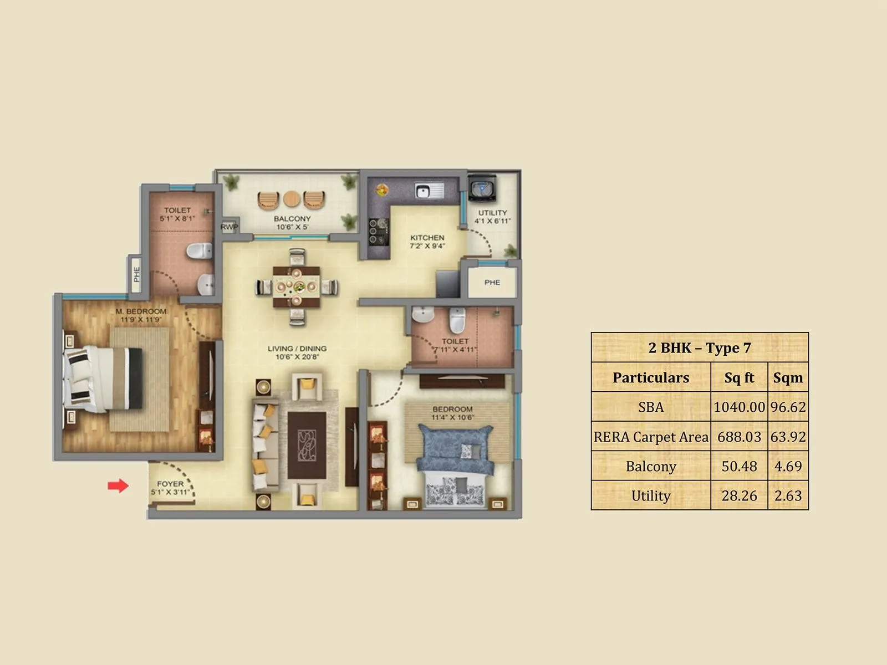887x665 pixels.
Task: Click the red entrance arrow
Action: click(x=118, y=486)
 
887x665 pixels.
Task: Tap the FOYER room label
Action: click(x=170, y=488)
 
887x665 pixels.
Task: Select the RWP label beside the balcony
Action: click(x=229, y=227)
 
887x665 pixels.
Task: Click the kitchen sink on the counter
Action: click(x=429, y=191)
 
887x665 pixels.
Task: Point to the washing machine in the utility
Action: click(x=482, y=188)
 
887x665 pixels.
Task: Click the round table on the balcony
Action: click(x=292, y=199)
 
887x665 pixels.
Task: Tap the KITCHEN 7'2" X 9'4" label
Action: click(x=427, y=242)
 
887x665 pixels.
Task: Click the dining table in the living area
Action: click(x=297, y=287)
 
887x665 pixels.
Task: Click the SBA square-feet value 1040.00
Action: click(x=739, y=407)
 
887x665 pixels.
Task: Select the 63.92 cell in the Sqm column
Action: click(x=788, y=437)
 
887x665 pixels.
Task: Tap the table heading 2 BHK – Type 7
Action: click(x=700, y=348)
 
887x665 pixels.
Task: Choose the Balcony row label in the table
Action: click(x=651, y=467)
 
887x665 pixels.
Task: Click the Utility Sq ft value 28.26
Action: click(x=739, y=496)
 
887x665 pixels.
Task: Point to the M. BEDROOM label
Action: click(x=141, y=315)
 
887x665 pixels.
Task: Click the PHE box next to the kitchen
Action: click(x=492, y=283)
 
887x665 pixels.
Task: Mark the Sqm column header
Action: click(x=788, y=378)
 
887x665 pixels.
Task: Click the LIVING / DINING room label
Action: click(x=297, y=352)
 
